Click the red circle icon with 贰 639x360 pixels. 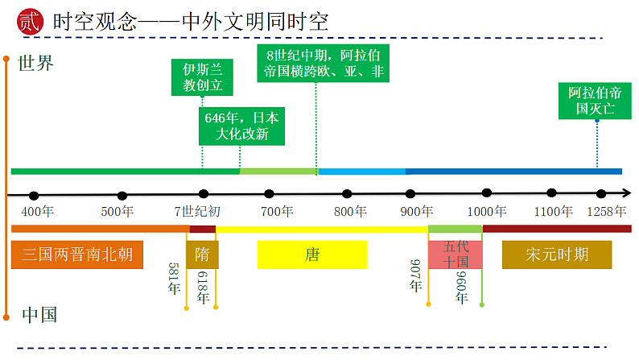click(x=27, y=22)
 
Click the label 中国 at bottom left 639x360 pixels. click(x=39, y=314)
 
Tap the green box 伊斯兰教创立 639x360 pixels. click(x=203, y=77)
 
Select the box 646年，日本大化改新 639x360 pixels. click(x=241, y=126)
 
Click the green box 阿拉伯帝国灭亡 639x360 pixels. click(x=596, y=101)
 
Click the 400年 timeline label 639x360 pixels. click(x=38, y=212)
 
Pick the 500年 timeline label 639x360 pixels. click(x=117, y=212)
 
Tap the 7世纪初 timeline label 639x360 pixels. click(x=197, y=212)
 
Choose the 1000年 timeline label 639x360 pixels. click(x=488, y=212)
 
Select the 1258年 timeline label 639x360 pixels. click(x=606, y=212)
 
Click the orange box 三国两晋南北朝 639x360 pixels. click(x=77, y=255)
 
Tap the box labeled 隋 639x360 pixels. click(x=202, y=255)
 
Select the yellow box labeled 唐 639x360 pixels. click(x=312, y=255)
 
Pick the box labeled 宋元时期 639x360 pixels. click(x=557, y=255)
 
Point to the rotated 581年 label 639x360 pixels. click(x=175, y=279)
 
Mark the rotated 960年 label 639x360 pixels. click(x=462, y=288)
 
